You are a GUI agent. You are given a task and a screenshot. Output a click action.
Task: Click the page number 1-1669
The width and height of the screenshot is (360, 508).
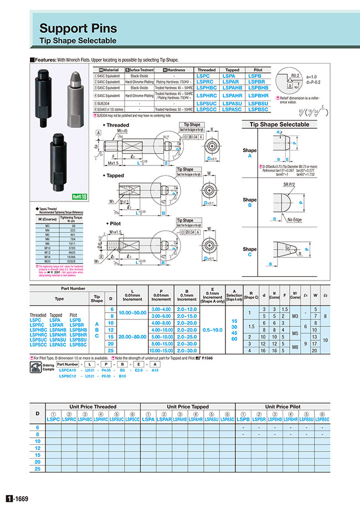coord(17,499)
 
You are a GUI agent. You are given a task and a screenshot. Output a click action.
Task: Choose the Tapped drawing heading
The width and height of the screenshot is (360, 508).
coord(114,175)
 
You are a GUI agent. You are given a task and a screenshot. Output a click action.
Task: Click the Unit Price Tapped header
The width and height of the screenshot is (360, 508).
coord(187,407)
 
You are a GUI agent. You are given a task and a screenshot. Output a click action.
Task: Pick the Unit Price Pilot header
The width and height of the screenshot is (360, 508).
coord(282,407)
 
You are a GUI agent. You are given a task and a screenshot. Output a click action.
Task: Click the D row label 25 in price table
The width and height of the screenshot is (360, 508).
coord(37,468)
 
